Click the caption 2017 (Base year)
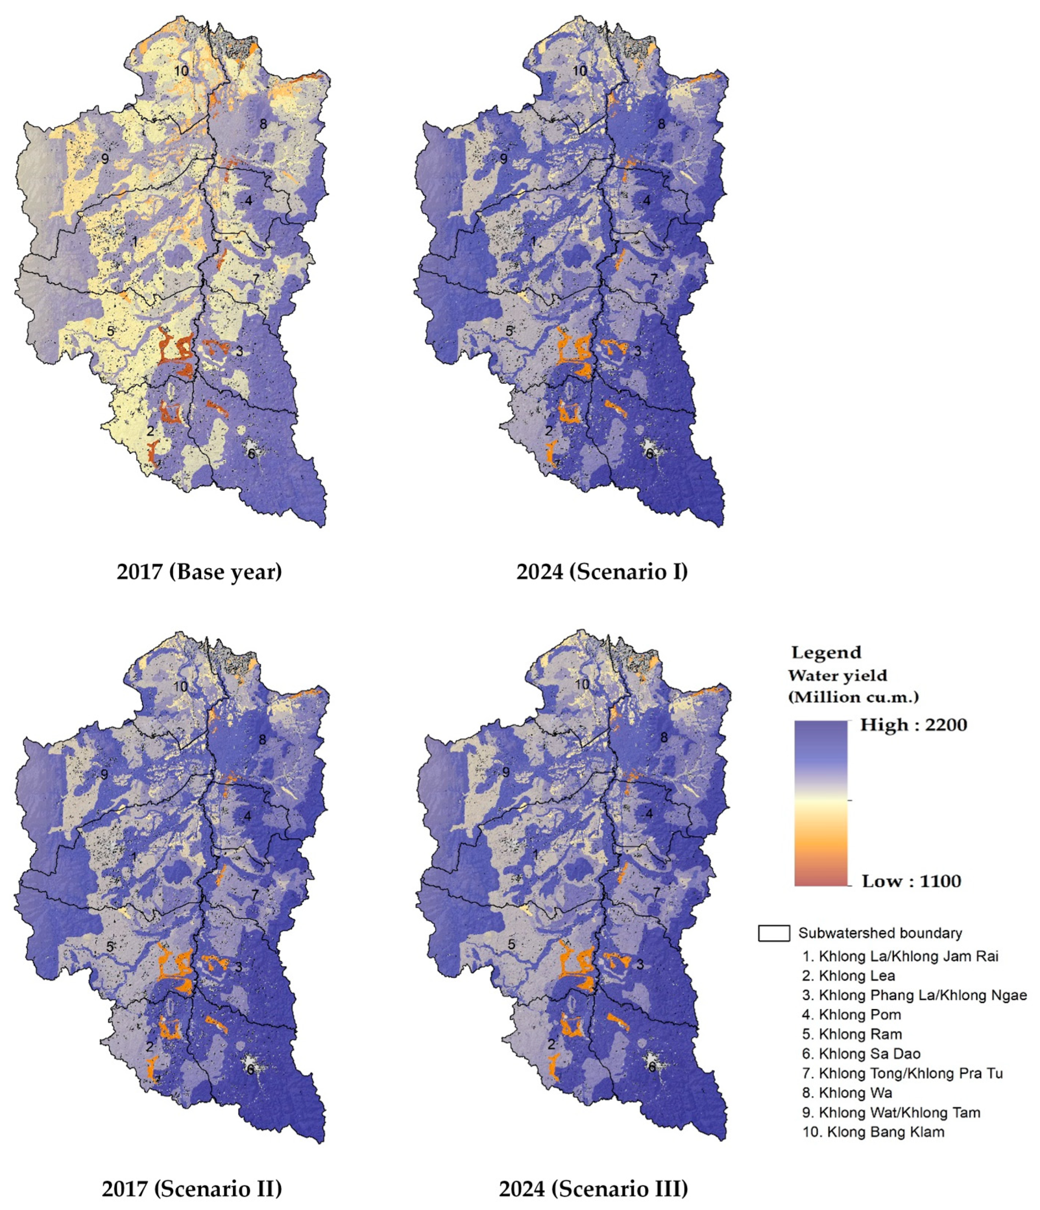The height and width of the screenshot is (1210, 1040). [199, 571]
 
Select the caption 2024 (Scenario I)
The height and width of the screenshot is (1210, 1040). [602, 571]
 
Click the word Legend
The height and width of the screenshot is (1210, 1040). [826, 652]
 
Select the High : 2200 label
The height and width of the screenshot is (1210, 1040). [913, 725]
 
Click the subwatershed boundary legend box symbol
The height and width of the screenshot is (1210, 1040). [774, 933]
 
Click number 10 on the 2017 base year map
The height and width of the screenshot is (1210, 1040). [181, 71]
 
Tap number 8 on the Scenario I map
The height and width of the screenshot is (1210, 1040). [662, 124]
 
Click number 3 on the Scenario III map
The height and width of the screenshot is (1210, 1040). [640, 964]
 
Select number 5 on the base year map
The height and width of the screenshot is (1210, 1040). [110, 331]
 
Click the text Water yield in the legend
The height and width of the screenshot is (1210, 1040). [837, 676]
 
